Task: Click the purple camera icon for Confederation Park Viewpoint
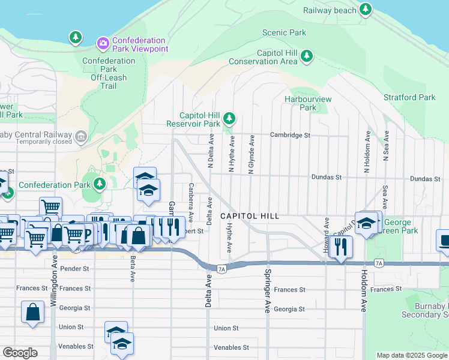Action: pos(103,42)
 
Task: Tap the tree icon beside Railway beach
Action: pos(365,9)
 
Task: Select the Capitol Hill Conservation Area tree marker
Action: pos(307,56)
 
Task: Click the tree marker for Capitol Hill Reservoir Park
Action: pos(229,118)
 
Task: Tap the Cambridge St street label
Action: pos(290,135)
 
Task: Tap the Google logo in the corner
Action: pos(20,353)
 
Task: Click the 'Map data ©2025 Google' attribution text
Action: pos(411,355)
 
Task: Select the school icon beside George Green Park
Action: pos(366,223)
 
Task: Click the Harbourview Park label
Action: pos(308,103)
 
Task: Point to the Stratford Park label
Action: pos(409,97)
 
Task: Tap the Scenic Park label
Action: pos(284,33)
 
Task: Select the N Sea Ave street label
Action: pos(387,147)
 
